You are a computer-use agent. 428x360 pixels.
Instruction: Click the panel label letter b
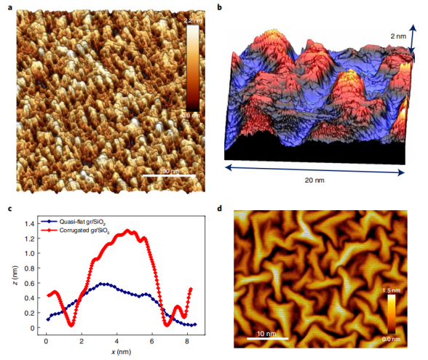coord(219,8)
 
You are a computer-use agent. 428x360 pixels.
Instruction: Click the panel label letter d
coord(219,210)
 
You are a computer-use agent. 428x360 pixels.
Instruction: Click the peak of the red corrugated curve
coord(129,231)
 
